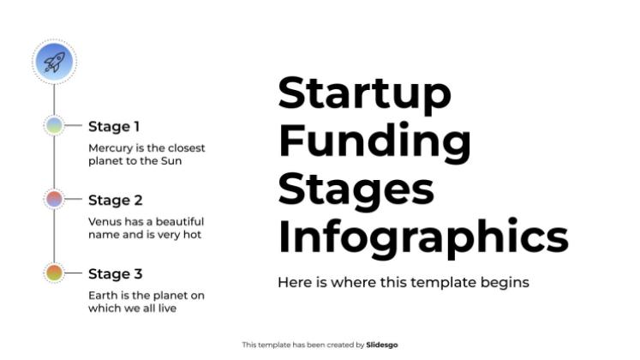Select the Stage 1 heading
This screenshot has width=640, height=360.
click(x=114, y=127)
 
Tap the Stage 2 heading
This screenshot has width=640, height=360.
click(x=115, y=201)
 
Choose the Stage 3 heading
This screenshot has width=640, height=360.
click(x=115, y=274)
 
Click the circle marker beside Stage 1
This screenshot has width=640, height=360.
click(x=54, y=126)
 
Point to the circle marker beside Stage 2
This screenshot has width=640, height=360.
click(x=54, y=200)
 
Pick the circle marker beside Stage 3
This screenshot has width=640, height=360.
click(x=54, y=273)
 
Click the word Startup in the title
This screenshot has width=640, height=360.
click(x=364, y=93)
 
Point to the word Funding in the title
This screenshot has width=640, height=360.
click(x=374, y=140)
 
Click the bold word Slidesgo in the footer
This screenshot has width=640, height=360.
click(x=382, y=345)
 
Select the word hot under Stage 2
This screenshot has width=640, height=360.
click(x=192, y=234)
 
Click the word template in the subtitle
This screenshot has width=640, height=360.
click(x=437, y=282)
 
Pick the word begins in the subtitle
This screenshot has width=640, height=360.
click(x=506, y=282)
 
